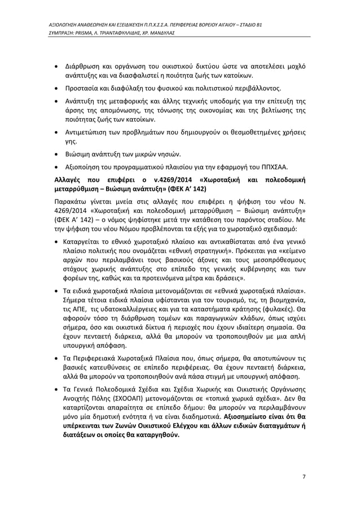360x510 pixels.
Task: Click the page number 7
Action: point(304,476)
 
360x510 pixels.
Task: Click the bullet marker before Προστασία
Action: point(57,89)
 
